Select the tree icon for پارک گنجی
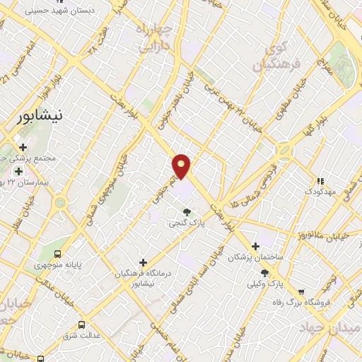point(187,211)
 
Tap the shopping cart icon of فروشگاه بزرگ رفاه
point(301,291)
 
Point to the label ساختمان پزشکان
point(255,259)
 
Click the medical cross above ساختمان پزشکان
point(255,247)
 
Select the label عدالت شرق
point(80,336)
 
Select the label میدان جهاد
point(331,328)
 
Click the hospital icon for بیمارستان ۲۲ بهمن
point(18,170)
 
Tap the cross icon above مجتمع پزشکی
point(23,148)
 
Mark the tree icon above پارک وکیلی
point(265,273)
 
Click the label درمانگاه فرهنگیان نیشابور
point(144,279)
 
